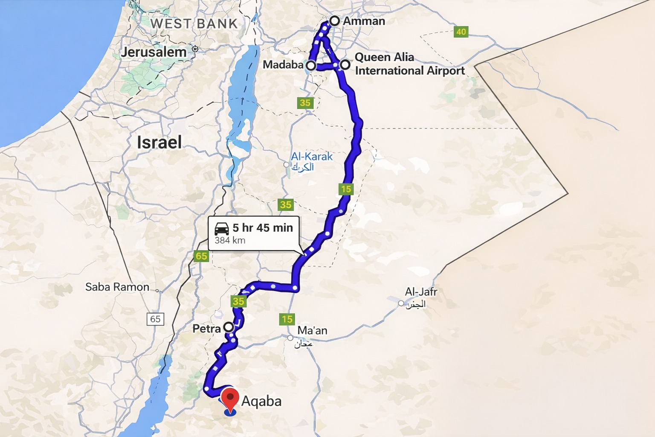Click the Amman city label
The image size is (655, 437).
364,21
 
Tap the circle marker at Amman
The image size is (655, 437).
334,20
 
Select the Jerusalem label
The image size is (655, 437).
154,52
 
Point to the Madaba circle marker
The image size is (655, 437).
311,65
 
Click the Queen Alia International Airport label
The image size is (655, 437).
409,64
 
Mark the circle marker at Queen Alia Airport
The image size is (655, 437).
345,65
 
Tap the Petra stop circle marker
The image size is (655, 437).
229,327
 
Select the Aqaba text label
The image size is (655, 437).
261,401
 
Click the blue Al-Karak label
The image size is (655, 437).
311,157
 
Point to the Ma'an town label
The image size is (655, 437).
312,330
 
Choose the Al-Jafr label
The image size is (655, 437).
421,292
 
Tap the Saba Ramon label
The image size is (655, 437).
117,287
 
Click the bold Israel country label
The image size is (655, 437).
159,143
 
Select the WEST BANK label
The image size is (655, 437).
194,23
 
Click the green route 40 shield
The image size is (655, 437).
461,32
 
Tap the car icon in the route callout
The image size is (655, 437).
221,229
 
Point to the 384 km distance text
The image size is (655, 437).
230,240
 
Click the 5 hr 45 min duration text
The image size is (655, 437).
263,228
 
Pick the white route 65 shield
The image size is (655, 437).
155,319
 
